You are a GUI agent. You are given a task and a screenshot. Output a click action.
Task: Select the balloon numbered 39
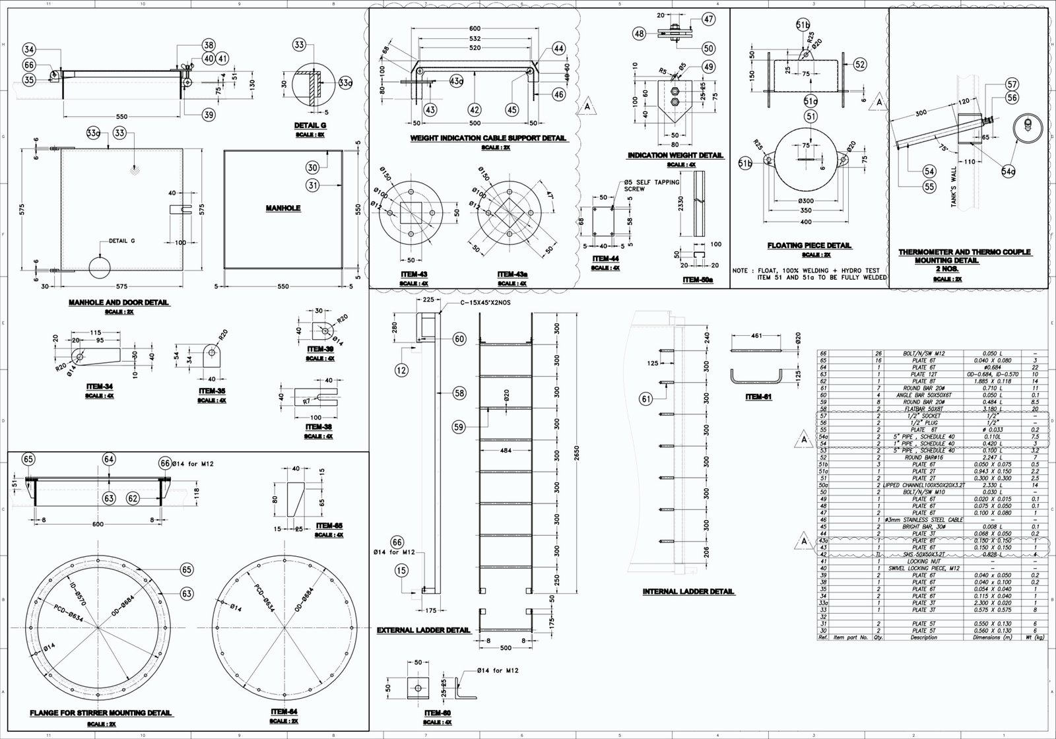[x=209, y=115]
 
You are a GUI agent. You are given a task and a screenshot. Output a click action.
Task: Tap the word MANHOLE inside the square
[x=283, y=209]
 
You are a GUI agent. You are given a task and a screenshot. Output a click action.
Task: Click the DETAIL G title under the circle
[x=310, y=125]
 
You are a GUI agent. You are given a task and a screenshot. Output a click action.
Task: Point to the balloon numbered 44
[x=558, y=49]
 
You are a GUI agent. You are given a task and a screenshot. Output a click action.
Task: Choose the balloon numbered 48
[x=640, y=33]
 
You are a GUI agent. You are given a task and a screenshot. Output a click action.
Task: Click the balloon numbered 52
[x=859, y=65]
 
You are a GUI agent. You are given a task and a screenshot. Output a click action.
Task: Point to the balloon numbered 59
[x=459, y=428]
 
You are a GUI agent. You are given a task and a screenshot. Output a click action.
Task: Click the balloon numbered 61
[x=646, y=399]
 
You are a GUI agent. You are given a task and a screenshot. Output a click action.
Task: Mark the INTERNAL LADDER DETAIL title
[x=688, y=592]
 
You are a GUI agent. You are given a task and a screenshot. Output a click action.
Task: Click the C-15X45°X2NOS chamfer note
[x=486, y=303]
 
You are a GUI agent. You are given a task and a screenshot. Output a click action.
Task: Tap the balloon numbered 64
[x=109, y=459]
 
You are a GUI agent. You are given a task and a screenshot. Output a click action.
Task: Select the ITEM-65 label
[x=329, y=526]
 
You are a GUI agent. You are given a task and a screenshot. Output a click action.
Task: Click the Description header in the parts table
[x=923, y=638]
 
